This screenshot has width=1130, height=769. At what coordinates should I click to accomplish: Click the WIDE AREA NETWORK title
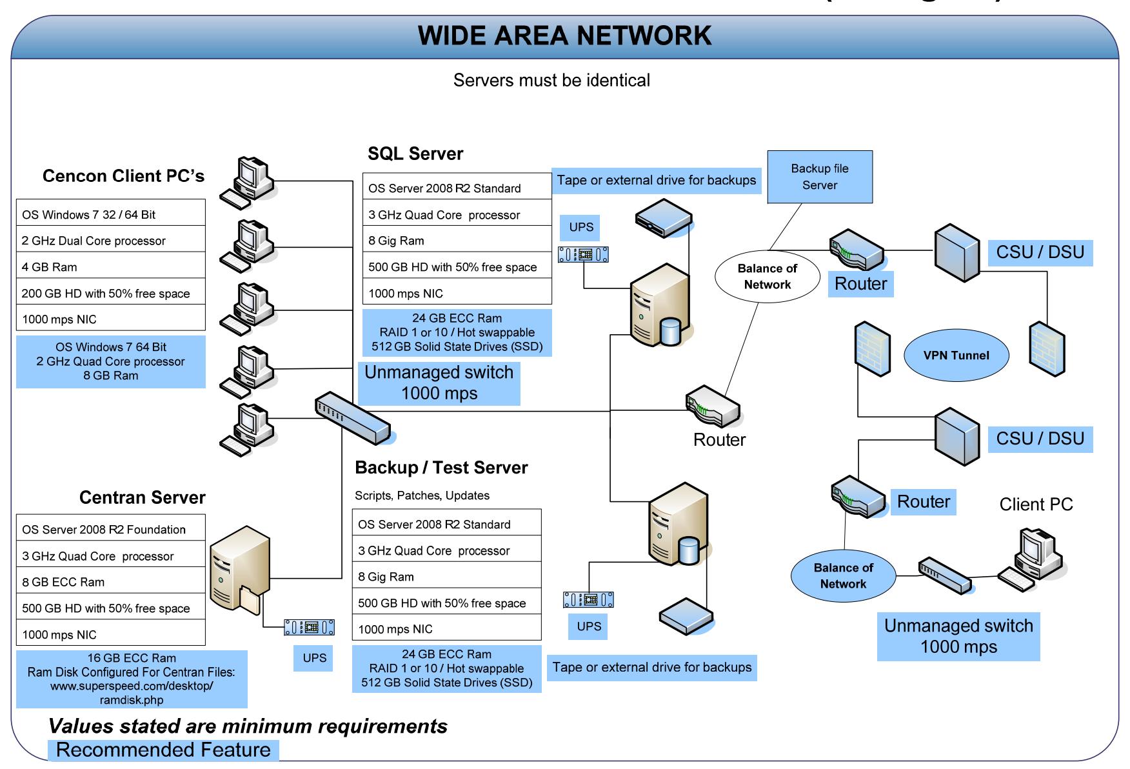coord(564,35)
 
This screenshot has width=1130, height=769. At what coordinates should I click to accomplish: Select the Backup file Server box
coord(820,177)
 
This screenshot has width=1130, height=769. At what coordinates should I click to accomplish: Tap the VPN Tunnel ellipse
coord(956,355)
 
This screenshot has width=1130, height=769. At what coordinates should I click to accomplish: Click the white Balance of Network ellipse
coord(768,276)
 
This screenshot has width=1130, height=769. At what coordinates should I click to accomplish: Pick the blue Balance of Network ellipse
coord(844,575)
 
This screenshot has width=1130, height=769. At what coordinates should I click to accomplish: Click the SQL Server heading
coord(415,154)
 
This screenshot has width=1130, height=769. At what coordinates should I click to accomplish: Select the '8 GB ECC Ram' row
coord(111,582)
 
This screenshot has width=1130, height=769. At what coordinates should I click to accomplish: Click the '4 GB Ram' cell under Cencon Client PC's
coord(111,267)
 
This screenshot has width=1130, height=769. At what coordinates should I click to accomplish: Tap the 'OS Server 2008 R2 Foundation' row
coord(111,529)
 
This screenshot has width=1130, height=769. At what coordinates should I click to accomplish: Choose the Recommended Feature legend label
coord(163,750)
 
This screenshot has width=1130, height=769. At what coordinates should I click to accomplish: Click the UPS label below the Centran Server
coord(314,658)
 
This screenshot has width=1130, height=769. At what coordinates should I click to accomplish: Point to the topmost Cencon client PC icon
coord(248,182)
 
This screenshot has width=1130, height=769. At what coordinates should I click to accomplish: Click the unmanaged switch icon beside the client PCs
coord(353,417)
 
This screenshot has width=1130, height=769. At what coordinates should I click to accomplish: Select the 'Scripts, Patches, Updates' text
coord(422,495)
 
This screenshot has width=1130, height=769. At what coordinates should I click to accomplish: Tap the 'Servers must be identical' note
coord(551,80)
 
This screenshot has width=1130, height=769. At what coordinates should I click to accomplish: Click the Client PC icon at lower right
coord(1032,559)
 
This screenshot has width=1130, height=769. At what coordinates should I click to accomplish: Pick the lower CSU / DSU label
coord(1040,439)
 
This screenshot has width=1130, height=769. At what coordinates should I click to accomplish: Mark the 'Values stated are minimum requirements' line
coord(248,726)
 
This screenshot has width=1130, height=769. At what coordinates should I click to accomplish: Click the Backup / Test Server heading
coord(441,468)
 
